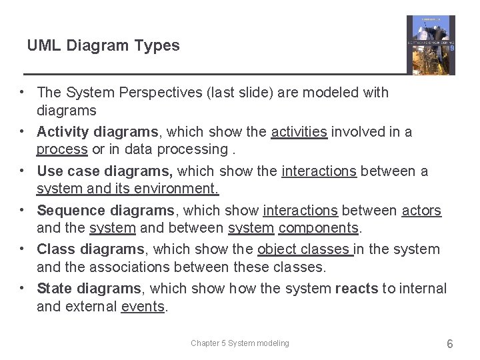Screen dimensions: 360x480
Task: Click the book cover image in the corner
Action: (x=431, y=45)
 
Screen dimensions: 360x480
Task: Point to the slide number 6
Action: (x=450, y=343)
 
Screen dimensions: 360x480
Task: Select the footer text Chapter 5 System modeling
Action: (x=240, y=343)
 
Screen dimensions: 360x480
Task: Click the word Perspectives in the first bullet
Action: (x=147, y=93)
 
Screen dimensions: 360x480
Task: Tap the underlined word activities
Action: (x=299, y=132)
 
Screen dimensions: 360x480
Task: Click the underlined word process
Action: (x=62, y=149)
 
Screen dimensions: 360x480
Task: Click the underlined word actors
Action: (x=421, y=211)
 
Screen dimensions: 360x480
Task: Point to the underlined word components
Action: (x=319, y=228)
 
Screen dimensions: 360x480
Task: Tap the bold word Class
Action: (x=56, y=249)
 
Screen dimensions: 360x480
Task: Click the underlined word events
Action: (x=143, y=307)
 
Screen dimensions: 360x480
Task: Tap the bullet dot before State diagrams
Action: (x=23, y=288)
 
